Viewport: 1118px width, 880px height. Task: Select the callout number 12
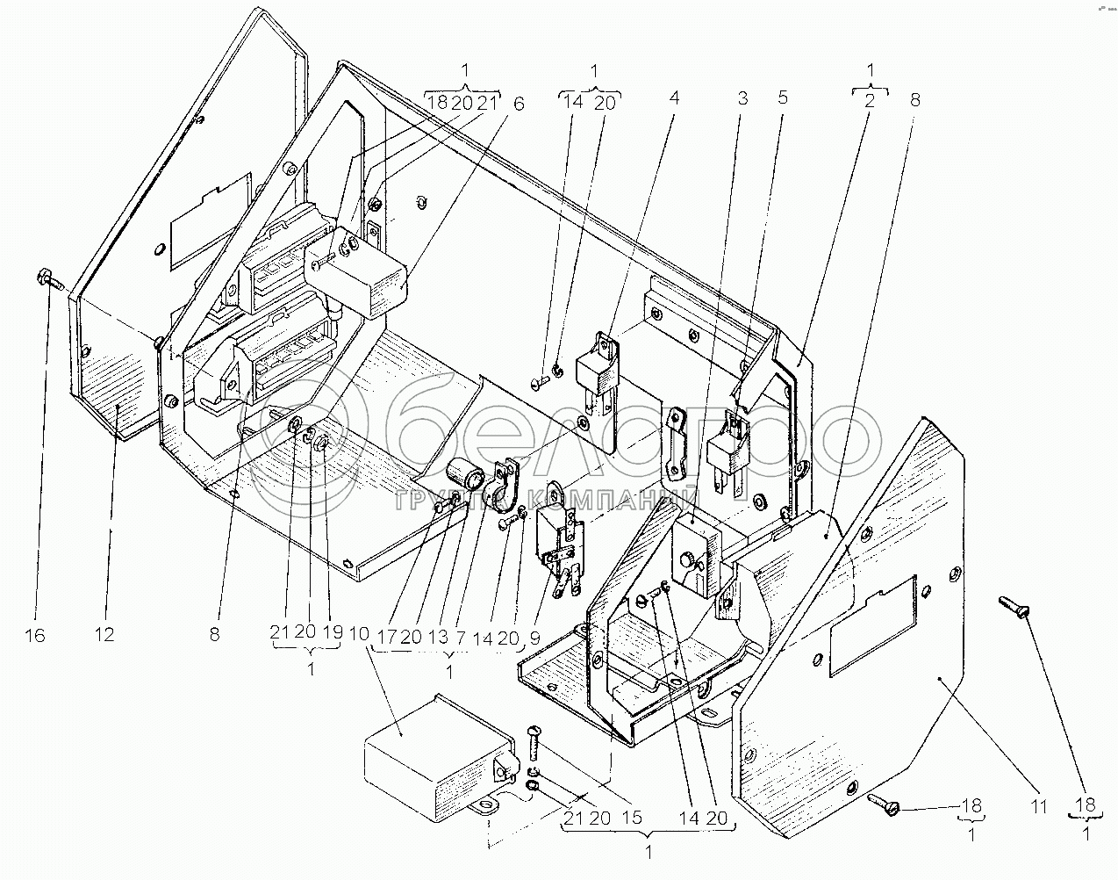pos(105,635)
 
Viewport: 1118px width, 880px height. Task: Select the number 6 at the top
pos(519,102)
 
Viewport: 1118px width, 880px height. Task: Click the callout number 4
pos(673,98)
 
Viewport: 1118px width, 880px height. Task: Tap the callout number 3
pos(742,98)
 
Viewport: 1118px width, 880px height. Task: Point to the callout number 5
pos(781,98)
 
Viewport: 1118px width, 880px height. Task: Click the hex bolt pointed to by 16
pos(48,280)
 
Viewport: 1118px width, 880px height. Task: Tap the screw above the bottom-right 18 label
pos(1014,606)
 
